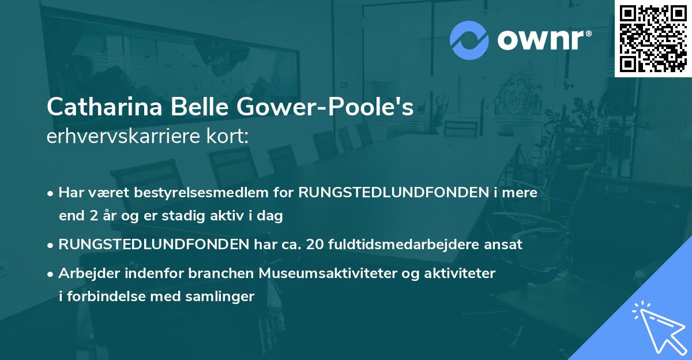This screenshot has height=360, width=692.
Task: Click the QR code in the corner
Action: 652,39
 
